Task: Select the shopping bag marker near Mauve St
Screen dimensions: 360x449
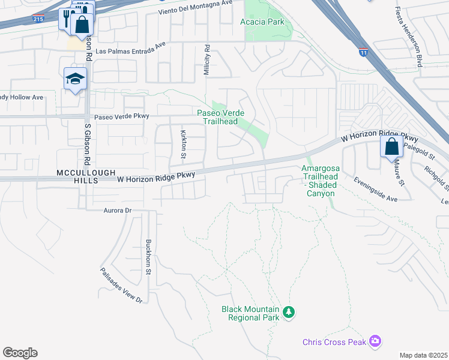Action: (x=391, y=146)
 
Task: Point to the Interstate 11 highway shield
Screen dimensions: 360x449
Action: (x=363, y=52)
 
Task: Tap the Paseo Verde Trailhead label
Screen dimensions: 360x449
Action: (x=218, y=117)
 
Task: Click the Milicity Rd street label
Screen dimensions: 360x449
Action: (x=206, y=59)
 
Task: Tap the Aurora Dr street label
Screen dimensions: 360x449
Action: (x=117, y=211)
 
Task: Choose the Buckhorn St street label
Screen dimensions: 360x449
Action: (x=148, y=257)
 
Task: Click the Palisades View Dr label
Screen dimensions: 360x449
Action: (x=121, y=285)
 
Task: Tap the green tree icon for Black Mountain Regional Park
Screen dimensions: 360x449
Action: (x=289, y=311)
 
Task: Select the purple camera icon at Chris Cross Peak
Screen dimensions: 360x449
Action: (x=375, y=341)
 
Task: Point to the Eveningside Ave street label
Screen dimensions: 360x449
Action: (x=376, y=189)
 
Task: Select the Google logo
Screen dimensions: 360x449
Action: (x=20, y=353)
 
